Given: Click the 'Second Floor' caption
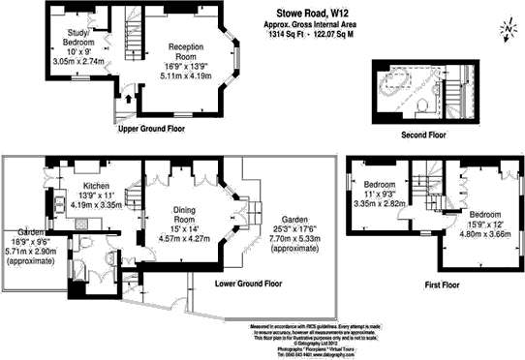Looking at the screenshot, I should click(x=423, y=135).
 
